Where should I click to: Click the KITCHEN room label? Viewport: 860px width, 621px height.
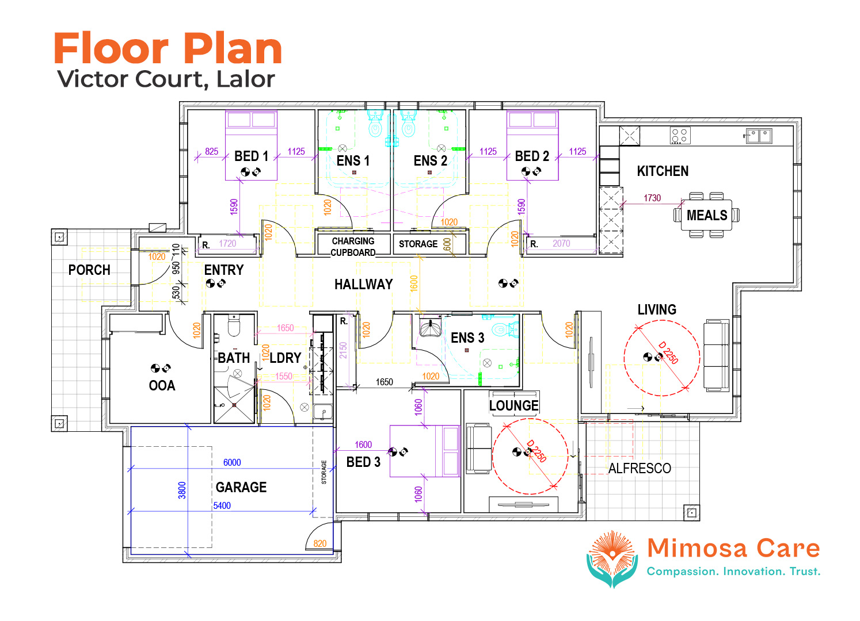663,171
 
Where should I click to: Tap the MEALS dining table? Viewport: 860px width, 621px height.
706,215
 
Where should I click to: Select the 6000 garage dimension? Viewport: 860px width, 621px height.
232,462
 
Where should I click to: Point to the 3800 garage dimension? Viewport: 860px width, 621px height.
182,490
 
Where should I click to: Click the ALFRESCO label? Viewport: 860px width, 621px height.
640,469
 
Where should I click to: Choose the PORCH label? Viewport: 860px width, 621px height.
89,270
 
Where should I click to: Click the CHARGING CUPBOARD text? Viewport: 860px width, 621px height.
353,247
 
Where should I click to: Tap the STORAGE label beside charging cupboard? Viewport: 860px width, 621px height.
418,244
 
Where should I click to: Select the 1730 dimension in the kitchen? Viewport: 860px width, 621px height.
652,198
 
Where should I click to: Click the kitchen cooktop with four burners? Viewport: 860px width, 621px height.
680,136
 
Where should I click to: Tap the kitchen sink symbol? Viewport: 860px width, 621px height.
759,136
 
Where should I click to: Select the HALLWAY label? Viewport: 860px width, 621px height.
363,285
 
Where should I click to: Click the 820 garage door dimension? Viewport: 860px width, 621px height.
320,543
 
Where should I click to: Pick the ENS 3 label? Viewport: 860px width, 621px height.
467,338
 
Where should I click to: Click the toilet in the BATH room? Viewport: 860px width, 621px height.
234,326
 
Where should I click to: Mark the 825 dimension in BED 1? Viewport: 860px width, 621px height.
211,151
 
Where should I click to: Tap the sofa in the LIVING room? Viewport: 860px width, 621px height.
717,356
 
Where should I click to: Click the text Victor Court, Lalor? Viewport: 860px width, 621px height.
166,79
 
